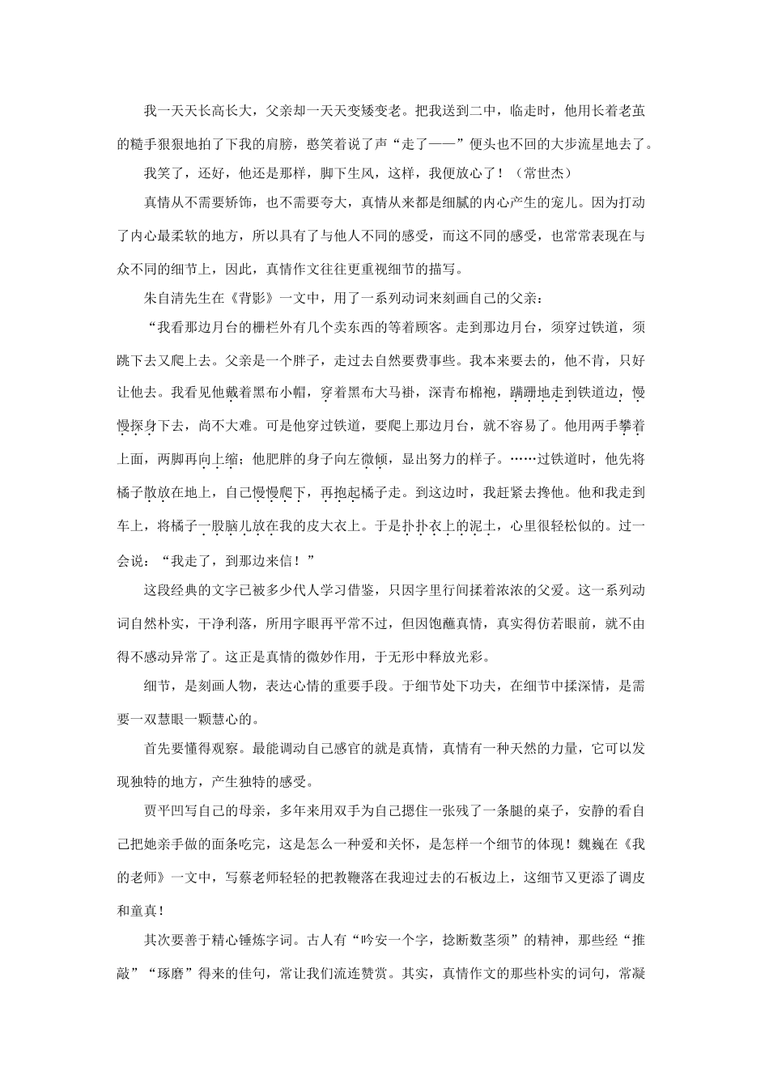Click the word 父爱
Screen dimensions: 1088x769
[x=562, y=591]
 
